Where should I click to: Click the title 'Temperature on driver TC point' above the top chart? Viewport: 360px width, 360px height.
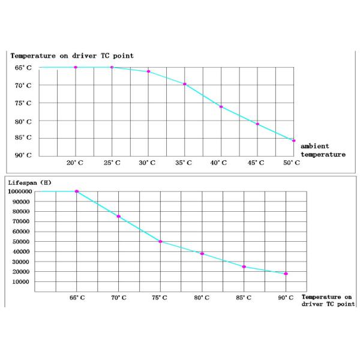click(x=72, y=56)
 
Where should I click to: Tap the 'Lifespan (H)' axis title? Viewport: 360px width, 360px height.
click(x=29, y=182)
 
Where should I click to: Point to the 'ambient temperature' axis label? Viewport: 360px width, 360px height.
click(x=323, y=150)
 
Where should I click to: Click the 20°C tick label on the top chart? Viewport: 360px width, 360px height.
click(x=74, y=163)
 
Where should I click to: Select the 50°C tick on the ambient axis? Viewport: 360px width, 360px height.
click(x=292, y=163)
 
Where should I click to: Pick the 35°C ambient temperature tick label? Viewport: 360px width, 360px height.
click(x=184, y=163)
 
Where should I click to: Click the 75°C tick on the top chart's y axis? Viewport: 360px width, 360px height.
click(x=23, y=103)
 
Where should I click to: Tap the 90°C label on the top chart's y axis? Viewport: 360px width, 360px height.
click(x=23, y=155)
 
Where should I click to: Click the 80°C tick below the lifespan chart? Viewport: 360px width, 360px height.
click(x=202, y=298)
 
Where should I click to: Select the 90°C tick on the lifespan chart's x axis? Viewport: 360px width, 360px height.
click(x=286, y=298)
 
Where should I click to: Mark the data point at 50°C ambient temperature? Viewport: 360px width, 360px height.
click(x=293, y=140)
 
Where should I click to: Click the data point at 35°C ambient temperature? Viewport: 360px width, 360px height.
click(x=185, y=84)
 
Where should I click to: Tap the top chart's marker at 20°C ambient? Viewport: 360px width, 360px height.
click(x=76, y=67)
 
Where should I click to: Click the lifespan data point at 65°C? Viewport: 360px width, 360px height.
click(x=77, y=191)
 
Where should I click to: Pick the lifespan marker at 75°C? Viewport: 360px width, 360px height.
click(x=160, y=241)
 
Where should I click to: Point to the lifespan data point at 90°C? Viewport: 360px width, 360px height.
click(x=286, y=274)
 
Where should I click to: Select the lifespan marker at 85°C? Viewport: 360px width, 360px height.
click(x=244, y=266)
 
